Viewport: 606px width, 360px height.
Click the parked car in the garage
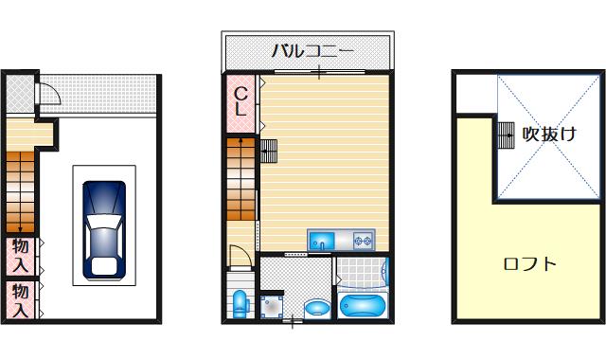pos(104,229)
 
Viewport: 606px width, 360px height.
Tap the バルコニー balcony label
pos(312,50)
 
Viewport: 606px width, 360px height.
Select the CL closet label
pos(241,101)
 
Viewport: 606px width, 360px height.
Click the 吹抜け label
pos(549,134)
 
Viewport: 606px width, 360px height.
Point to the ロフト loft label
pos(530,264)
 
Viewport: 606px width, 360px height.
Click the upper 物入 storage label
pos(21,256)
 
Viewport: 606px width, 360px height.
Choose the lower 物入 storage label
pos(21,300)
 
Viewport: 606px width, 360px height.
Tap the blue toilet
pos(241,304)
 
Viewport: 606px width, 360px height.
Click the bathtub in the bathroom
pos(363,306)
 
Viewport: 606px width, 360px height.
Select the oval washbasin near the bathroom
pos(317,308)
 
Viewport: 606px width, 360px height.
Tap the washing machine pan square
pos(272,307)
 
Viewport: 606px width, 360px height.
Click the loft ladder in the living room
pos(269,151)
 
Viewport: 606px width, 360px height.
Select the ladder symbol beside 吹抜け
pos(506,135)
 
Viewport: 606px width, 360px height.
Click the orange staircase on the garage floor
pos(21,191)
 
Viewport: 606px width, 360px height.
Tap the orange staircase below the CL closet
pos(241,179)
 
